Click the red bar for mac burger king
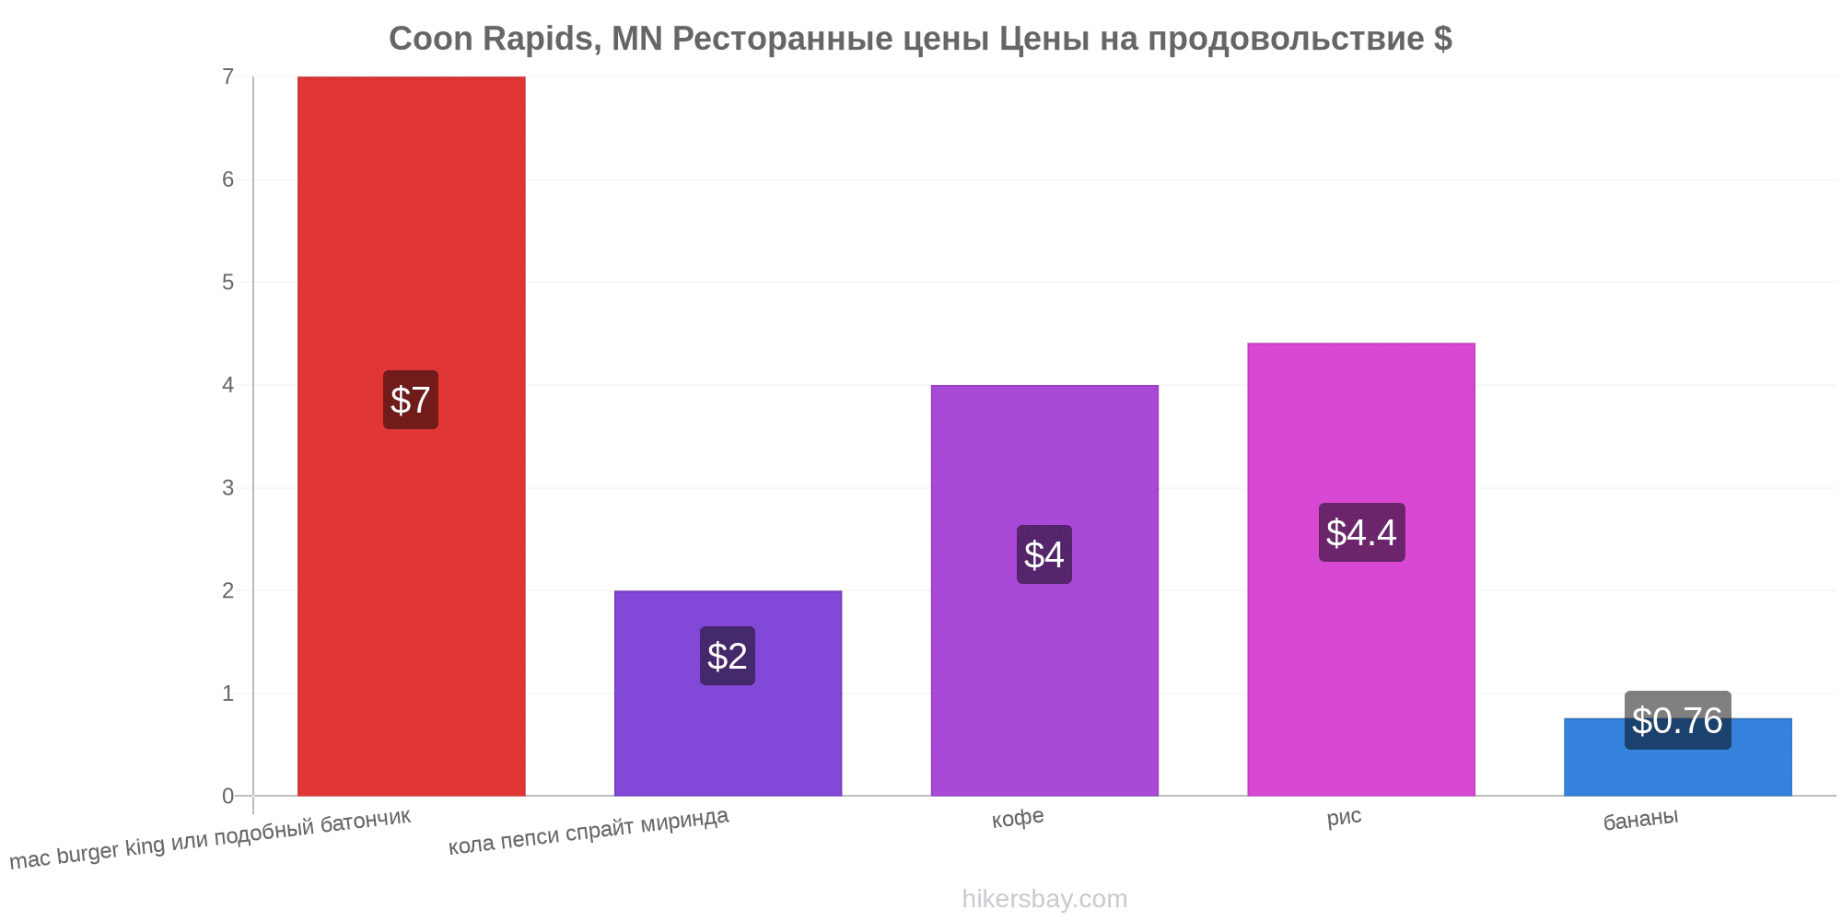pyautogui.click(x=411, y=436)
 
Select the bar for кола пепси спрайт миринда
pyautogui.click(x=728, y=693)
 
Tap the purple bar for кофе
pyautogui.click(x=1044, y=590)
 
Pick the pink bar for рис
pyautogui.click(x=1361, y=569)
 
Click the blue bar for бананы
pyautogui.click(x=1678, y=757)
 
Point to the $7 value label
pyautogui.click(x=411, y=400)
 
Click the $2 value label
pyautogui.click(x=728, y=656)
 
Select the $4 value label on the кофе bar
pyautogui.click(x=1044, y=554)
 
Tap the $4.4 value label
pyautogui.click(x=1361, y=532)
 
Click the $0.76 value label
pyautogui.click(x=1678, y=720)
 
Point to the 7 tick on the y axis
pyautogui.click(x=227, y=76)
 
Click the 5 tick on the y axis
pyautogui.click(x=227, y=282)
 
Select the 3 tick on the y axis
pyautogui.click(x=227, y=487)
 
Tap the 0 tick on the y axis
pyautogui.click(x=227, y=796)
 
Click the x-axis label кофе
pyautogui.click(x=1018, y=818)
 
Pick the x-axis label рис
pyautogui.click(x=1344, y=817)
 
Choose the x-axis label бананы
pyautogui.click(x=1640, y=819)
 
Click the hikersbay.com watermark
pyautogui.click(x=1044, y=898)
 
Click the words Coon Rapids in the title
pyautogui.click(x=492, y=39)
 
